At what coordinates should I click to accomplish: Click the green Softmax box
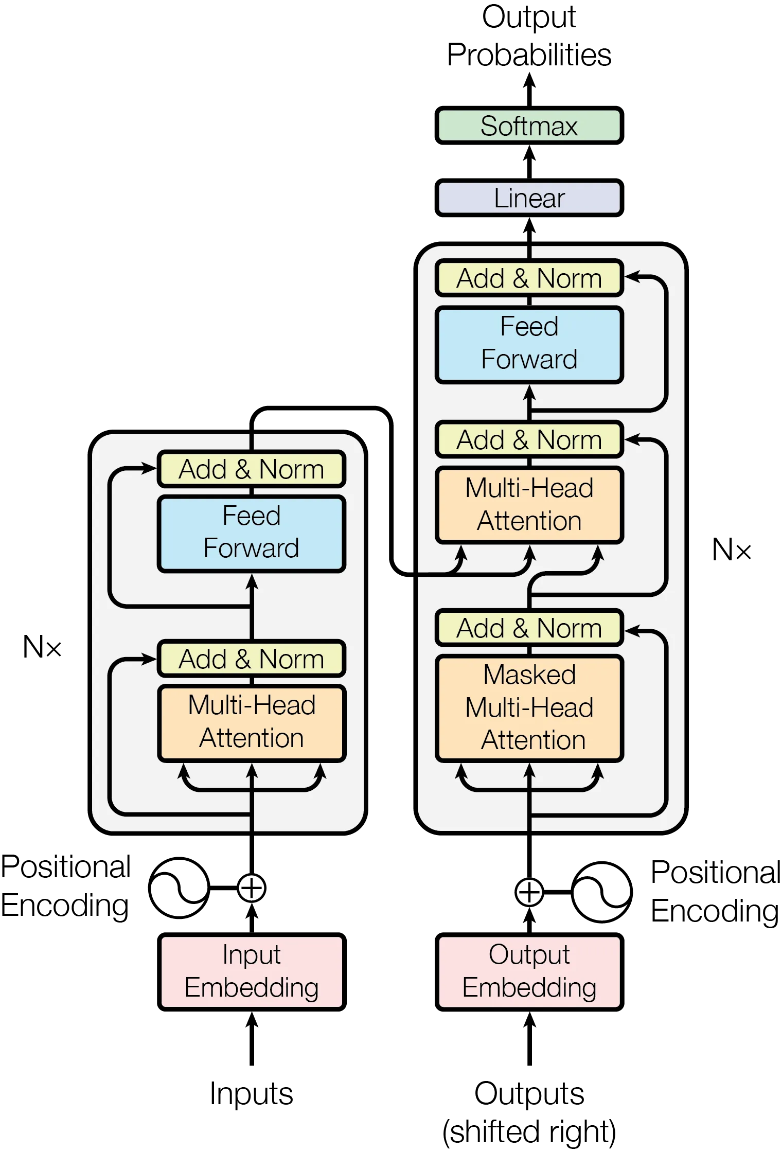pyautogui.click(x=529, y=126)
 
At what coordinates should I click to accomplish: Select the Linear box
pyautogui.click(x=529, y=198)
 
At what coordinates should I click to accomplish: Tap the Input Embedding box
pyautogui.click(x=252, y=971)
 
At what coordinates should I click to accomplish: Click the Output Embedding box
pyautogui.click(x=529, y=971)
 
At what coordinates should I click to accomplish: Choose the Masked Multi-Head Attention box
pyautogui.click(x=529, y=708)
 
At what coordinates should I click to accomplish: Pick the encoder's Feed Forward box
pyautogui.click(x=252, y=533)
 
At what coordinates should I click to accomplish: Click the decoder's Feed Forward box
pyautogui.click(x=529, y=344)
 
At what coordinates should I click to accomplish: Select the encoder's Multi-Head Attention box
pyautogui.click(x=252, y=722)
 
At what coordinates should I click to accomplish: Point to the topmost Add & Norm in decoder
pyautogui.click(x=529, y=278)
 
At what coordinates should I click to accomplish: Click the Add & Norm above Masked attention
pyautogui.click(x=529, y=628)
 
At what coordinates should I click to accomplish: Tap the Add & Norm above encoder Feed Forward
pyautogui.click(x=252, y=469)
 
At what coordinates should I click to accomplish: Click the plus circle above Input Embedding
pyautogui.click(x=252, y=888)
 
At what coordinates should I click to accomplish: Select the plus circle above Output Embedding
pyautogui.click(x=529, y=892)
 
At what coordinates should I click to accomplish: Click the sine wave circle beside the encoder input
pyautogui.click(x=178, y=888)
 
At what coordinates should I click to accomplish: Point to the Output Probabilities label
pyautogui.click(x=530, y=36)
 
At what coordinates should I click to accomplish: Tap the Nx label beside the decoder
pyautogui.click(x=732, y=550)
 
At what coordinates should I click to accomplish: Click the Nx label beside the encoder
pyautogui.click(x=41, y=647)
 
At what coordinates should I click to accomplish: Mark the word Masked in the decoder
pyautogui.click(x=529, y=675)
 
